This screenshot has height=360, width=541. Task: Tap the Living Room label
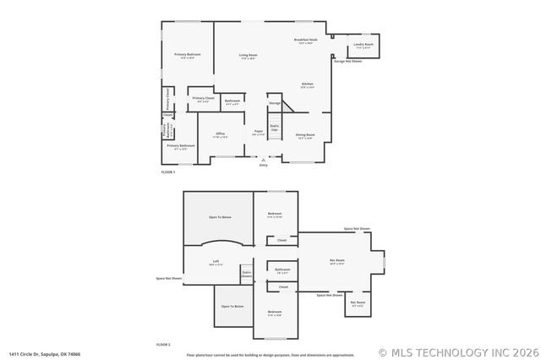click(249, 57)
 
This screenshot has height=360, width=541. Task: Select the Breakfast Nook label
click(305, 41)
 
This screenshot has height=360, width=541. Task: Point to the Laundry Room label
click(363, 45)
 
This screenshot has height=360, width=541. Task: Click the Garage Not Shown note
click(347, 62)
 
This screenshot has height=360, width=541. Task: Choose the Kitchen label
click(309, 85)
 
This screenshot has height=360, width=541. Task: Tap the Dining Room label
click(305, 136)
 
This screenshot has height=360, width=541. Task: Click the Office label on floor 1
click(220, 135)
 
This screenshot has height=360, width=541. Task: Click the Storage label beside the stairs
click(275, 103)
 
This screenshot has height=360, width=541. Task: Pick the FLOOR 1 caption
click(167, 172)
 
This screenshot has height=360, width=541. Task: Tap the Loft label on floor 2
click(216, 263)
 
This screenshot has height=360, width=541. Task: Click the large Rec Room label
click(336, 261)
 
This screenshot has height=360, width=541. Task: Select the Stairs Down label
click(247, 274)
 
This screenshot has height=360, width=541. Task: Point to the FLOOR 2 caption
click(163, 345)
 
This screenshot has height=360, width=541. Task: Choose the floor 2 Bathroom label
click(282, 270)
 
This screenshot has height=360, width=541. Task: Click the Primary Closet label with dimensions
click(202, 100)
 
